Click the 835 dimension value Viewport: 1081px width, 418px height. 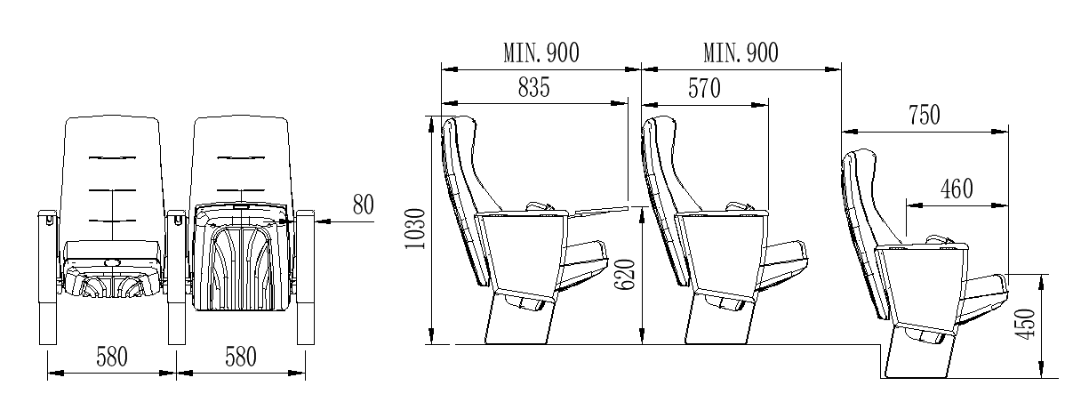[533, 88]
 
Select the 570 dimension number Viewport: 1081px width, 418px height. [704, 88]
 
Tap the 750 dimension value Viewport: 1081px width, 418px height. [925, 116]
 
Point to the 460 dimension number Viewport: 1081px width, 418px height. [957, 189]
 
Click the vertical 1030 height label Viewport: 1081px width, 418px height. [415, 229]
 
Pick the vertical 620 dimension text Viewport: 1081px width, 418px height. [625, 275]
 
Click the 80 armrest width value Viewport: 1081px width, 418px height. [363, 205]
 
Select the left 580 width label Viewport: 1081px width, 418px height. [112, 358]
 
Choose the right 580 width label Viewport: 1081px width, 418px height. [241, 358]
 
